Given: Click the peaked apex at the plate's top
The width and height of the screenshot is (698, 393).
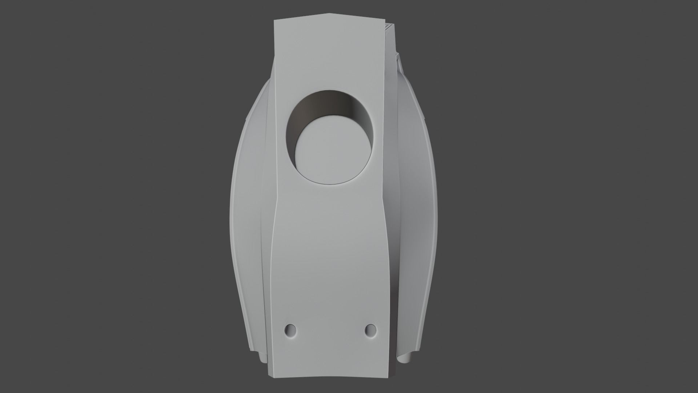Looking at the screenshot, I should pos(331,14).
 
